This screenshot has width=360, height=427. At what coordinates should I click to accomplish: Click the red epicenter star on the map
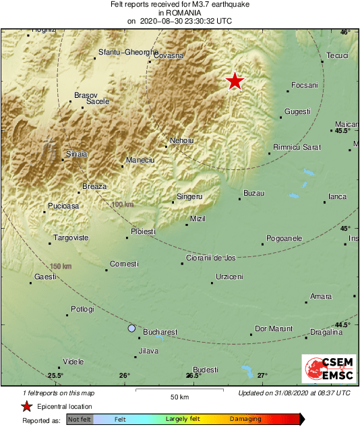235,81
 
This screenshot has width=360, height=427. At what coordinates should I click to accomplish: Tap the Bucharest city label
160,332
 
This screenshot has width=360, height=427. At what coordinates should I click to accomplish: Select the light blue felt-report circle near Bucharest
131,329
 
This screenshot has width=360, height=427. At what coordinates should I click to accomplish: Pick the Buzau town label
253,194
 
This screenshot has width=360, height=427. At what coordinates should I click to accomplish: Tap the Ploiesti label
143,231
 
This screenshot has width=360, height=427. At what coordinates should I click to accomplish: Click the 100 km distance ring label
123,204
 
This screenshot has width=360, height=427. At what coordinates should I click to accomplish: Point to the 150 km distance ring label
61,266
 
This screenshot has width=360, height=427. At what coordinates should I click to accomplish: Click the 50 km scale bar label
179,396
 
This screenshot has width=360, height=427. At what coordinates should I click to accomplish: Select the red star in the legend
26,406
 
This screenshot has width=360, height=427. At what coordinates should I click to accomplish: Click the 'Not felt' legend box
80,420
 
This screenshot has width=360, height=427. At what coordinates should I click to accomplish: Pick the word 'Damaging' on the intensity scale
245,420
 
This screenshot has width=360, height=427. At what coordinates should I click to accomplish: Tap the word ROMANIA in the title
179,13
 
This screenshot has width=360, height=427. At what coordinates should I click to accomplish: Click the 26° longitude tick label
125,375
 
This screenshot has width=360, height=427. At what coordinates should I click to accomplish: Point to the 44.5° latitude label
344,325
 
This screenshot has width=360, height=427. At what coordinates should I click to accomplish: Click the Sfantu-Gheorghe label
122,52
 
